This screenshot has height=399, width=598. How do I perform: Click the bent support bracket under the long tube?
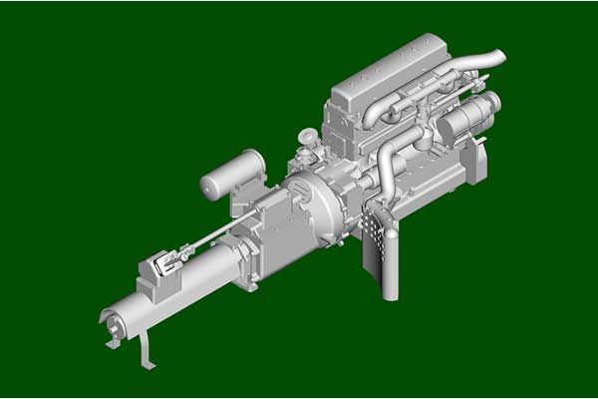point(148,349)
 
